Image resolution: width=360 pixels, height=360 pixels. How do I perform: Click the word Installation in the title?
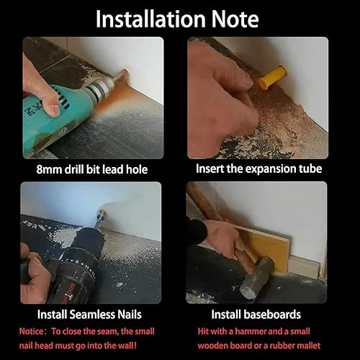(x=150, y=19)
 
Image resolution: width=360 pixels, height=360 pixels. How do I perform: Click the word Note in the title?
(x=235, y=19)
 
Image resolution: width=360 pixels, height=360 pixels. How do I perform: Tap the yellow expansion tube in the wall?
(x=273, y=77)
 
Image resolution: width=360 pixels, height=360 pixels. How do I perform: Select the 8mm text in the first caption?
(x=49, y=169)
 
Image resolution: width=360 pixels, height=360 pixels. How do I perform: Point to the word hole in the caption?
(x=137, y=169)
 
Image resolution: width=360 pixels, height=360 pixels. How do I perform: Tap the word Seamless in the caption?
(x=92, y=315)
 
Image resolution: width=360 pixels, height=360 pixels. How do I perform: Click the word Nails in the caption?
(x=130, y=315)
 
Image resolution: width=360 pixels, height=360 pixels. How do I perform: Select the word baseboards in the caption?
(x=272, y=315)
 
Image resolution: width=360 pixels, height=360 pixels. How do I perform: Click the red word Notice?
(x=31, y=331)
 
